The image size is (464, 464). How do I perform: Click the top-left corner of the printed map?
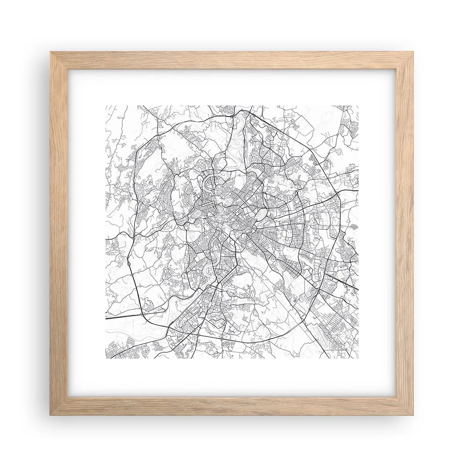(x=106, y=105)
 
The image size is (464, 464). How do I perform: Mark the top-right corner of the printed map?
(x=358, y=105)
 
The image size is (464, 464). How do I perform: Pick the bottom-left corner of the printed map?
(x=106, y=358)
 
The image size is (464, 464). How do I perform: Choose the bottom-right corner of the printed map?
(x=358, y=358)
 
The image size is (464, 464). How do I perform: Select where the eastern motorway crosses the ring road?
(x=339, y=192)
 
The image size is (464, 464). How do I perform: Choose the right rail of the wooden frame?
(x=406, y=232)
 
